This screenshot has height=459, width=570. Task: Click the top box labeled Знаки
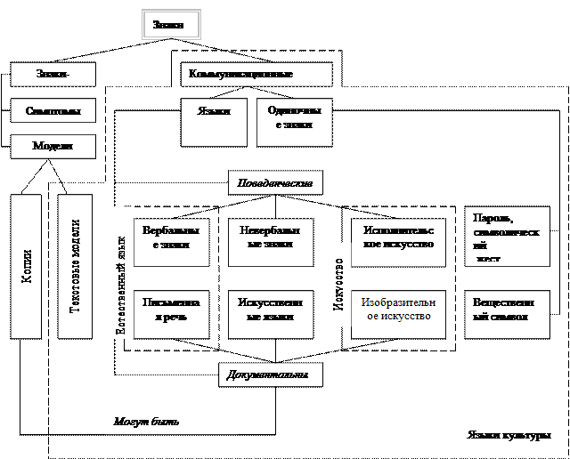pyautogui.click(x=171, y=25)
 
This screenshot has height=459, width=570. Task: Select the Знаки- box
pyautogui.click(x=53, y=75)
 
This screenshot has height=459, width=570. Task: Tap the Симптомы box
pyautogui.click(x=53, y=111)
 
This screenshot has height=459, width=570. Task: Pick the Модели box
pyautogui.click(x=53, y=146)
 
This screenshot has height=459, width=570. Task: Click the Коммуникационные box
pyautogui.click(x=256, y=75)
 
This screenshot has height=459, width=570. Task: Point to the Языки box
pyautogui.click(x=214, y=122)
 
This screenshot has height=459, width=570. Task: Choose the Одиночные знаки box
pyautogui.click(x=294, y=122)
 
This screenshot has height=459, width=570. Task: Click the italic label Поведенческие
pyautogui.click(x=275, y=183)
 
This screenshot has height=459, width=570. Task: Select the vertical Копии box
pyautogui.click(x=26, y=266)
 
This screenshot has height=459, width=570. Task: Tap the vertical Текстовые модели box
pyautogui.click(x=75, y=266)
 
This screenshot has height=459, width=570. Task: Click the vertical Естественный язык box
pyautogui.click(x=118, y=272)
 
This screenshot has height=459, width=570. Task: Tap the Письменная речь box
pyautogui.click(x=171, y=314)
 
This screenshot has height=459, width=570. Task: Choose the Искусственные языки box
pyautogui.click(x=271, y=314)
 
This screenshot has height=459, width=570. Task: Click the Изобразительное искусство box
pyautogui.click(x=398, y=314)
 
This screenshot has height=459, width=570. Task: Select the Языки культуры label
pyautogui.click(x=484, y=435)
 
